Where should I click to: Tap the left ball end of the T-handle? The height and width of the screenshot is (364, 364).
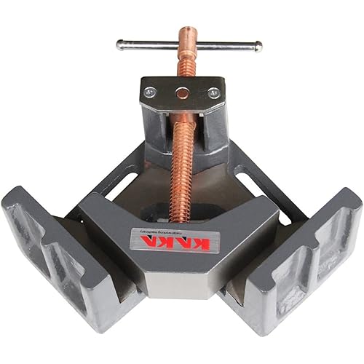tap(119, 44)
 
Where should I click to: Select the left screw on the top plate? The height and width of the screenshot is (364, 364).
tap(150, 92)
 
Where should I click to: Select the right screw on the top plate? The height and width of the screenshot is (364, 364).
tap(213, 92)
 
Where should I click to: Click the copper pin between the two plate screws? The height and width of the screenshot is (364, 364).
tap(182, 93)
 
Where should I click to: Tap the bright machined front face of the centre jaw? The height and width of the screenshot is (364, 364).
tap(182, 280)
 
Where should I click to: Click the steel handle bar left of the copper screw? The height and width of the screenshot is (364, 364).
tap(146, 44)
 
